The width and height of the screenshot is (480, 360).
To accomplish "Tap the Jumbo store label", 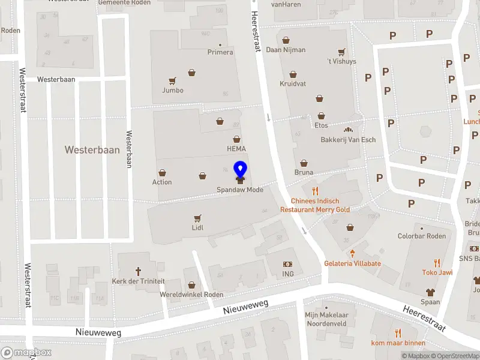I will pos(172,91).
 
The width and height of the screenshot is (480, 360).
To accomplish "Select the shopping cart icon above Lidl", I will pos(197,218).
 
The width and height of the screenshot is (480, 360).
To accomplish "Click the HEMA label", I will pos(236,149).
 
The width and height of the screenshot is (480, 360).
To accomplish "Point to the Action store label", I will pos(162,182).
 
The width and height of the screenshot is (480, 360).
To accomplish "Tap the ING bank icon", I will pos(287,264).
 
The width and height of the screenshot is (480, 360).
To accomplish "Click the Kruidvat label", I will pos(293,84).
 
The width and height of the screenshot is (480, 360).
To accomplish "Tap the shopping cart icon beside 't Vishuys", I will pos(341,52).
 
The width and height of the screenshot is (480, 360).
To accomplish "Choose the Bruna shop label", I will pos(304,172).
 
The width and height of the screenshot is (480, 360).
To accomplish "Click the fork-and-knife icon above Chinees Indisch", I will pos(315,191).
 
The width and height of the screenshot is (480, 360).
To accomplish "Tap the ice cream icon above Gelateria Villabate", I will pos(353,253).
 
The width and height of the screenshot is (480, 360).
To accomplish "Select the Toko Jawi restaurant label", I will pos(437,272).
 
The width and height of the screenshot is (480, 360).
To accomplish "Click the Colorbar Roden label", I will pos(422,236).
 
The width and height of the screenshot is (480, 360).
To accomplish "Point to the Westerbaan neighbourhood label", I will pos(92,150).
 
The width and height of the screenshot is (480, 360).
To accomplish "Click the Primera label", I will pos(220,52).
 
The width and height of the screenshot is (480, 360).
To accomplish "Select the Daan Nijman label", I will pos(286,50).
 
